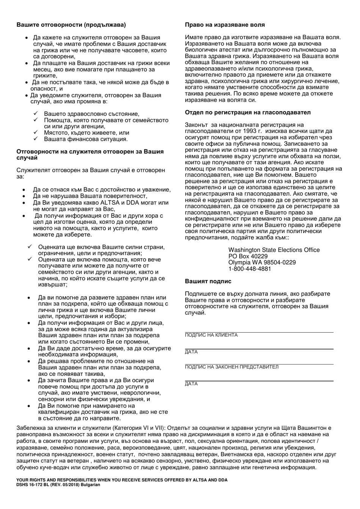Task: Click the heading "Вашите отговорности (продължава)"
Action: click(71, 25)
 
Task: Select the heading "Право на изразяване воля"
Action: click(225, 25)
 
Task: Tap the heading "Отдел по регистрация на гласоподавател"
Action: click(247, 113)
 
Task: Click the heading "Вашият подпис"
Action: click(208, 281)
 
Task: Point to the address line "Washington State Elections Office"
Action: click(274, 250)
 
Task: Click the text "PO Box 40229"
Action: click(248, 256)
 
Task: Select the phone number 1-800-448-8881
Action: click(250, 269)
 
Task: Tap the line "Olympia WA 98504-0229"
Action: click(262, 263)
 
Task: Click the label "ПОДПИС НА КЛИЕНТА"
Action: click(211, 335)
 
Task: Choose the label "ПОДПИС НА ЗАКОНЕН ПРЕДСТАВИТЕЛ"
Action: click(231, 367)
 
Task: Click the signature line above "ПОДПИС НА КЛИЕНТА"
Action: click(259, 332)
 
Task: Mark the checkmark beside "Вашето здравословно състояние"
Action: click(35, 114)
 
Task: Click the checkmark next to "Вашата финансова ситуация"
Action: click(35, 139)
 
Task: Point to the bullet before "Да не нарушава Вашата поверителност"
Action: click(24, 196)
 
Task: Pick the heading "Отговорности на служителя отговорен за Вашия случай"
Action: click(90, 154)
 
